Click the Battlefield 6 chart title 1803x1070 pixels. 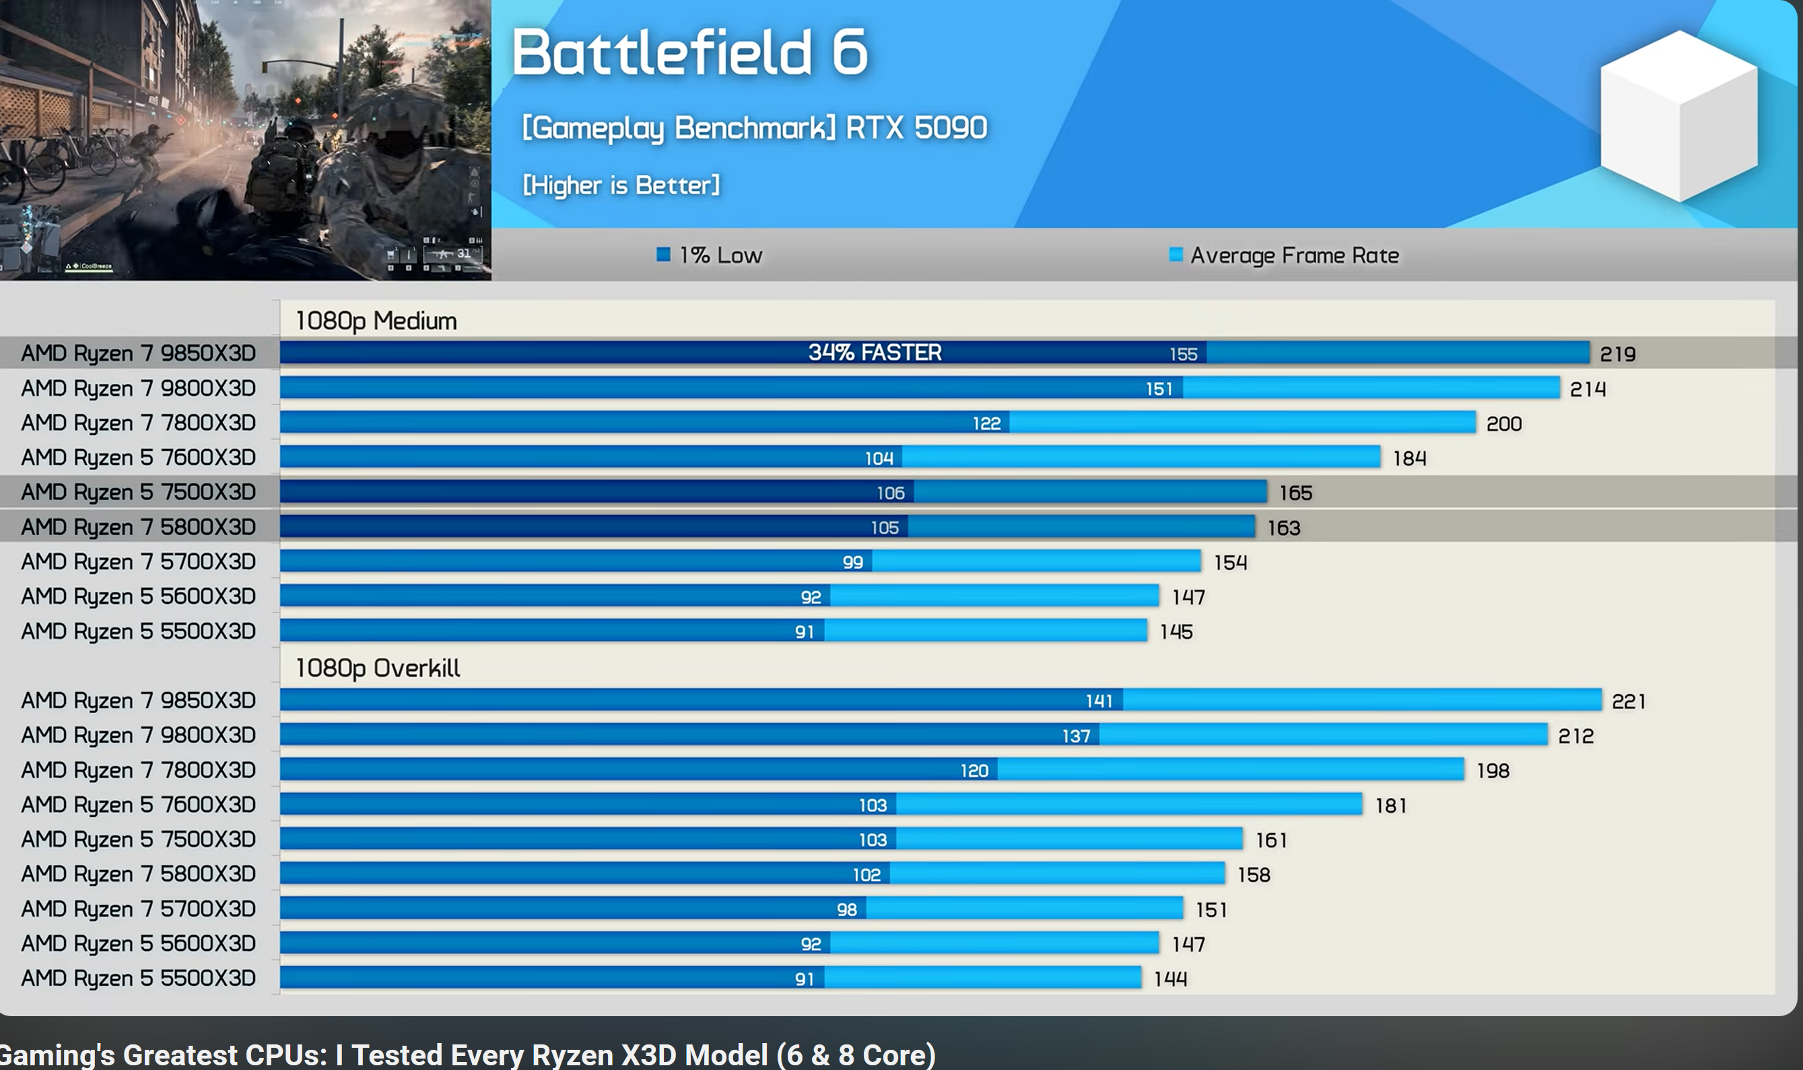pos(690,52)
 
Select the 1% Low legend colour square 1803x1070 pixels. pos(663,255)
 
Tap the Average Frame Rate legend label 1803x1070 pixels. pos(1294,255)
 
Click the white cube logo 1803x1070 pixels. pos(1678,115)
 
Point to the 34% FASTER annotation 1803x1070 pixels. pos(875,353)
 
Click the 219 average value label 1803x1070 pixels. pos(1617,354)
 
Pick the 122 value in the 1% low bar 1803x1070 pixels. pos(986,424)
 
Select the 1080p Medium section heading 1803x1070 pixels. pos(376,321)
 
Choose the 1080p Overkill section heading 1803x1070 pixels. pos(377,669)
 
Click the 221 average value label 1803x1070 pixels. pos(1629,702)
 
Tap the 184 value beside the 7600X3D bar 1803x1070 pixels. pos(1409,459)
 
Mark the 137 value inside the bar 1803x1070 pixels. pos(1076,736)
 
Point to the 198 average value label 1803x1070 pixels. pos(1492,771)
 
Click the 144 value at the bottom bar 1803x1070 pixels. pos(1170,979)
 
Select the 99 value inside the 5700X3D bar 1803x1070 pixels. pos(853,562)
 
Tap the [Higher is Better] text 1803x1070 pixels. pos(621,185)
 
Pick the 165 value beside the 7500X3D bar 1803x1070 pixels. pos(1295,493)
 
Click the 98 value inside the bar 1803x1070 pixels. pos(846,910)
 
